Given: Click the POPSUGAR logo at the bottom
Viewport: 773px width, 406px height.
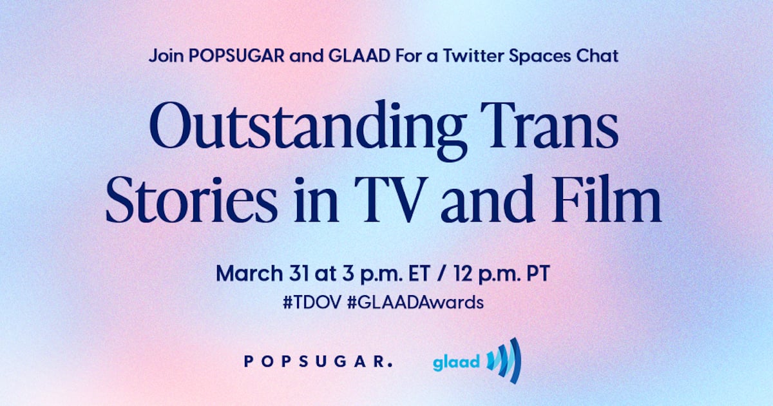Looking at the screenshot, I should [x=318, y=362].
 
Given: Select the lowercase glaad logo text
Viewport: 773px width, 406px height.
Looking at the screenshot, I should [x=457, y=362].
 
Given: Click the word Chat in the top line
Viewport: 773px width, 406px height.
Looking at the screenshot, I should [x=599, y=55].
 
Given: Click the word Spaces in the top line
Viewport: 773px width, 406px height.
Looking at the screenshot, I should [x=538, y=55].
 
